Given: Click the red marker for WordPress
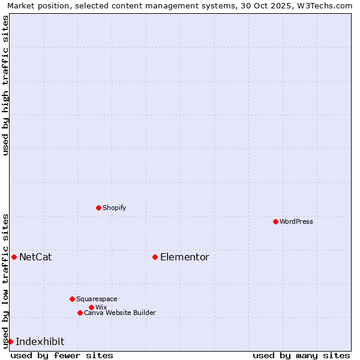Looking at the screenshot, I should tap(275, 221).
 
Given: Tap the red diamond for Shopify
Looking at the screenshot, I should tap(98, 208).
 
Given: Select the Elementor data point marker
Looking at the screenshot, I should tap(155, 257).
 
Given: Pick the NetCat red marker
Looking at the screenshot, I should tap(14, 257).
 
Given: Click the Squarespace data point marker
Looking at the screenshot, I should tap(72, 299).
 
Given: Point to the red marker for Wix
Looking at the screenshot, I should tap(91, 307).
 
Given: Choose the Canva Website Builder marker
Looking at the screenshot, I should tap(80, 313).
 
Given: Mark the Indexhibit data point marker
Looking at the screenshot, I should tap(10, 341).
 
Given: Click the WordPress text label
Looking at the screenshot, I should tap(296, 221).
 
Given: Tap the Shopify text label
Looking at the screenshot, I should tap(115, 208).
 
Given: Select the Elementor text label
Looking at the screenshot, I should tap(185, 257).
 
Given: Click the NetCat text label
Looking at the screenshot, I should tap(35, 257).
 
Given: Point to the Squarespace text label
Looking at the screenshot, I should tap(97, 299).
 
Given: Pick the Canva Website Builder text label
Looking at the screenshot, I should tap(120, 313).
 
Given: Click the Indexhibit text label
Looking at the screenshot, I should tap(40, 341).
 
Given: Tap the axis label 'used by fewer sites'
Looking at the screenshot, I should tap(62, 355).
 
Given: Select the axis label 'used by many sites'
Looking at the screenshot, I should tap(301, 355).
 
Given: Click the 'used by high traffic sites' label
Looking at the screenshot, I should tap(5, 85).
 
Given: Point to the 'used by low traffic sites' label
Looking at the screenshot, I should tap(5, 281).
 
